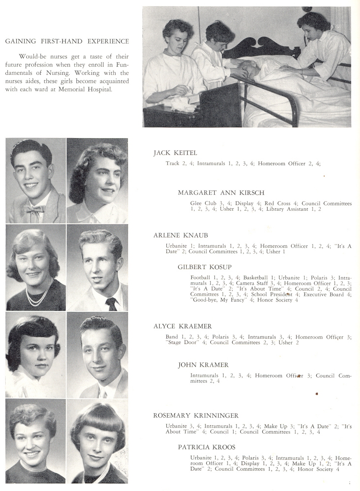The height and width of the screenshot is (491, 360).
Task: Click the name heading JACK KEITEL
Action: click(175, 153)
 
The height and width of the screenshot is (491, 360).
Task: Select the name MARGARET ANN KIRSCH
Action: click(221, 193)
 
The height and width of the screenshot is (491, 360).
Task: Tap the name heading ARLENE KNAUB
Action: click(181, 236)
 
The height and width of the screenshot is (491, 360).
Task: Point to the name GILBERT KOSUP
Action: click(204, 267)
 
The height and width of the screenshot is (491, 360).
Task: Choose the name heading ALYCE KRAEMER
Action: click(183, 326)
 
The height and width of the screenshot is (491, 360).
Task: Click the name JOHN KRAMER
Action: click(203, 365)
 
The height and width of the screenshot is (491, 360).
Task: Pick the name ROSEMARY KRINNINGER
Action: click(196, 416)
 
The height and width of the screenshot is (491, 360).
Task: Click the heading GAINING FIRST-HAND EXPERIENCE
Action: click(67, 41)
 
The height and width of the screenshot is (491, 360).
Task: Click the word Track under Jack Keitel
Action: click(172, 164)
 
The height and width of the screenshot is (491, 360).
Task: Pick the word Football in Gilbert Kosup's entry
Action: click(200, 278)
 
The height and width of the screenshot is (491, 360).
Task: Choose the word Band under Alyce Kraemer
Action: click(172, 337)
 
